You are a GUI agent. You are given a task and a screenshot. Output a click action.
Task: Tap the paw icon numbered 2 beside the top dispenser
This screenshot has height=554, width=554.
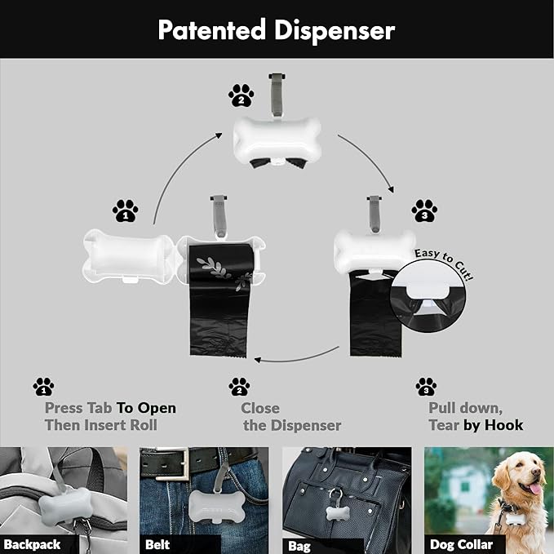point(241,96)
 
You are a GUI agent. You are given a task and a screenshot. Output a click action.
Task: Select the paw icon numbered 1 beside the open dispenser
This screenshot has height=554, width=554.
point(125,211)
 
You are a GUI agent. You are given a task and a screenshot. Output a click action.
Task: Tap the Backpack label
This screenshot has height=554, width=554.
point(31,544)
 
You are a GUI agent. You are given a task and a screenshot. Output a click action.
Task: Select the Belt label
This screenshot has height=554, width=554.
point(157,544)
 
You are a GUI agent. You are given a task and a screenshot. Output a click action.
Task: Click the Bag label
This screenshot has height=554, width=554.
point(299,545)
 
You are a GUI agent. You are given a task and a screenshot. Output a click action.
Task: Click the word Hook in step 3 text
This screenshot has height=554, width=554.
point(503,425)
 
